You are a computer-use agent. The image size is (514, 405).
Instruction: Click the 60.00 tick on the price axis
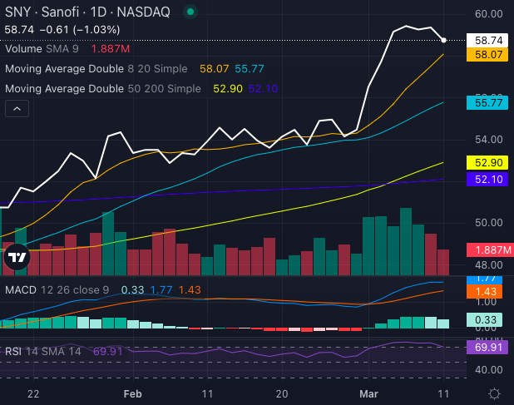(489, 14)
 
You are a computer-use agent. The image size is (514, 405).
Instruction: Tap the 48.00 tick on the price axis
(489, 265)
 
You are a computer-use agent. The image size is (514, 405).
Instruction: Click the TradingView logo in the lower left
(16, 259)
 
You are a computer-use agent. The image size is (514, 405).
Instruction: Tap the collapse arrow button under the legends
(17, 108)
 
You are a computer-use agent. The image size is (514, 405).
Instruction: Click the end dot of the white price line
(444, 40)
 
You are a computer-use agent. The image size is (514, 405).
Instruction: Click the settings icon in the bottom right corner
(494, 393)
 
